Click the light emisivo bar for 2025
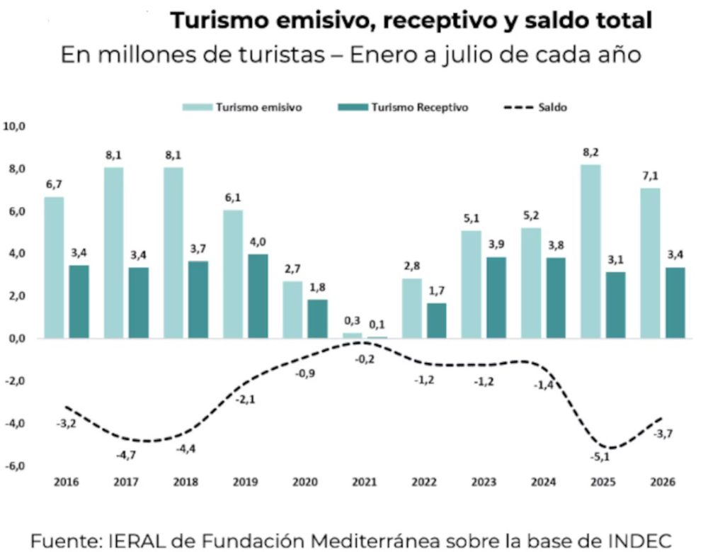point(590,252)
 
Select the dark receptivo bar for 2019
point(258,296)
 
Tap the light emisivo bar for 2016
point(54,267)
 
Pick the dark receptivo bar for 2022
point(436,321)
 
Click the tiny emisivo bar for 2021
point(353,335)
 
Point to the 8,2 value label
point(590,152)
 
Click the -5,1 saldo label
point(600,457)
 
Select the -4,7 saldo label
point(126,456)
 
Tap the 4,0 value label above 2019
point(258,242)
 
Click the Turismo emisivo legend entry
point(242,107)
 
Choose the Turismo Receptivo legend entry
point(403,107)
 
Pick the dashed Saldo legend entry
point(535,107)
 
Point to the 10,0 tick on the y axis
point(14,126)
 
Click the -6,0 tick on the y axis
point(14,466)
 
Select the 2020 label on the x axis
point(305,482)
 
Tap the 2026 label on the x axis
point(663,482)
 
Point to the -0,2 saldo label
point(365,359)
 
